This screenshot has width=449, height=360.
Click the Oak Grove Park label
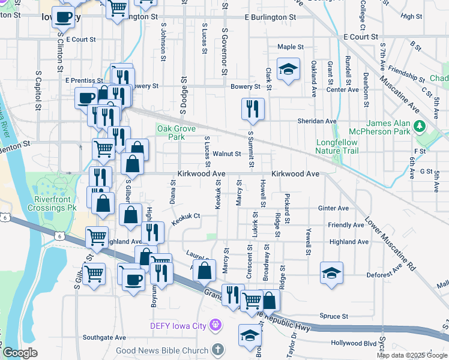coord(171,133)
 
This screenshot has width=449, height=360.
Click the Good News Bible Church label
coord(162,350)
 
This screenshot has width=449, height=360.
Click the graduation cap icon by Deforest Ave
coord(332,273)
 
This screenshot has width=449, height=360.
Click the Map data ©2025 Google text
coord(412,355)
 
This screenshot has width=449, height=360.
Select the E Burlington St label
coord(270,18)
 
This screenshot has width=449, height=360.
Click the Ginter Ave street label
coord(334,208)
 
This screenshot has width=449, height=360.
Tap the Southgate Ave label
coord(104,337)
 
